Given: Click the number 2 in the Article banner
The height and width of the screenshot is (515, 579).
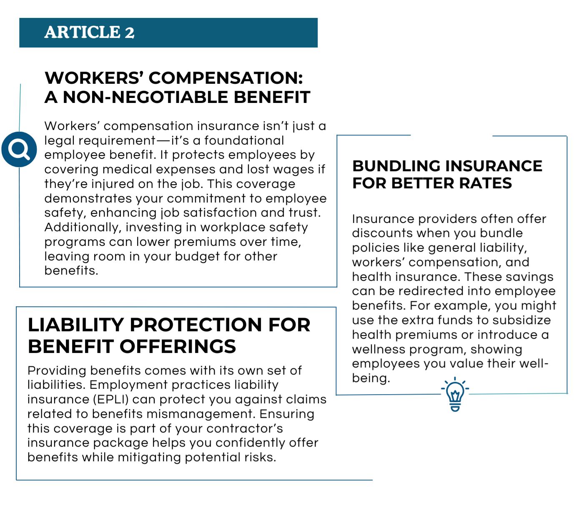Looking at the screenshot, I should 129,32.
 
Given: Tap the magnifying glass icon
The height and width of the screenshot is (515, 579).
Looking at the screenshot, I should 19,149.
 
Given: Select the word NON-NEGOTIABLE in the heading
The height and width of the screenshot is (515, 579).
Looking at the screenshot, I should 145,97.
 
